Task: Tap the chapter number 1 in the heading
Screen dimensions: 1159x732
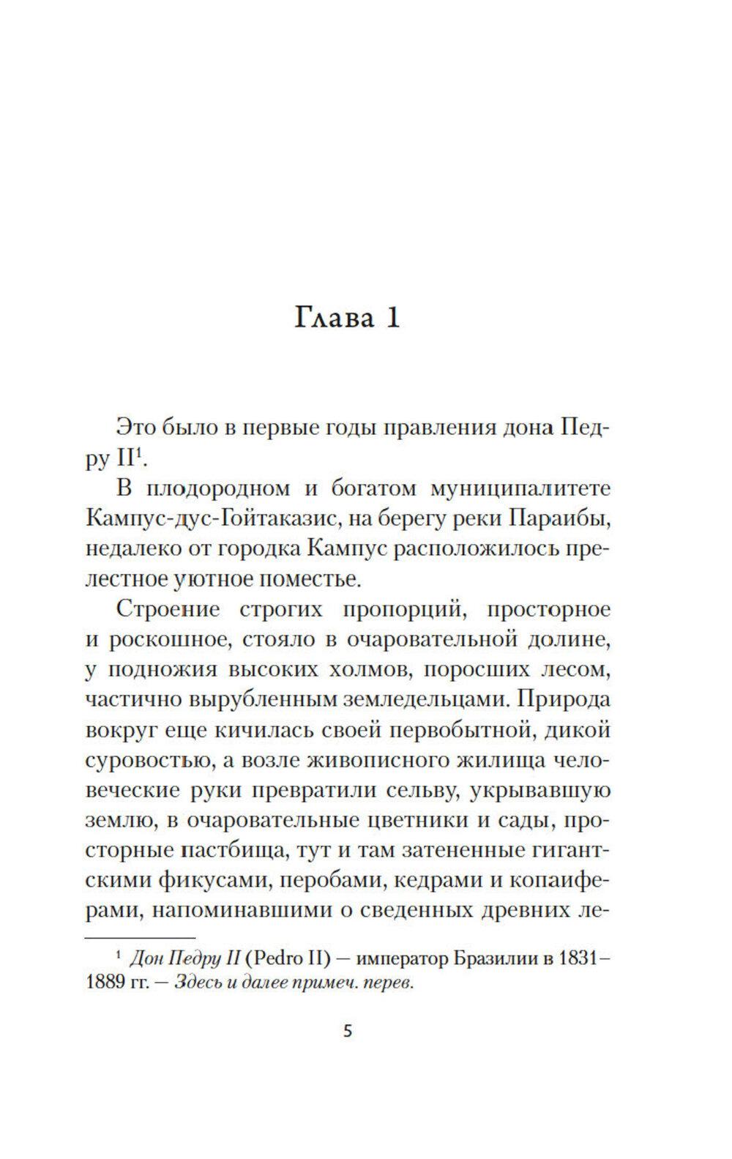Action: click(x=392, y=318)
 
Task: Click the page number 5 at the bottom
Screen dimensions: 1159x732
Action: click(x=348, y=1032)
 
